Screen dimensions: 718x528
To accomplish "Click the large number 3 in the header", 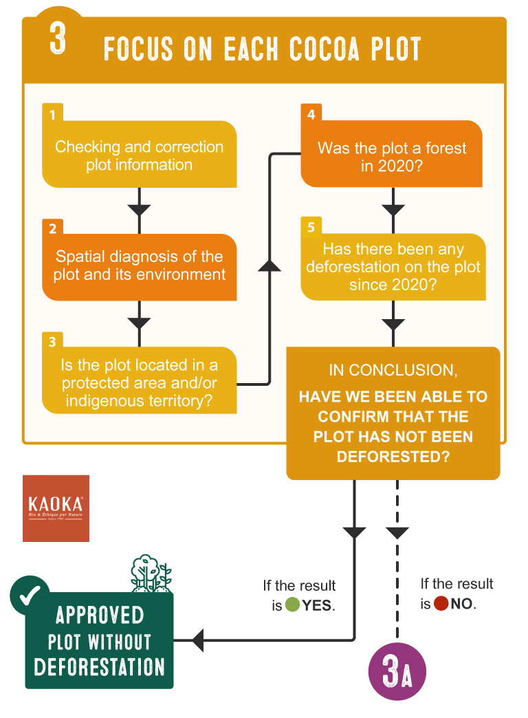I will point(58,39).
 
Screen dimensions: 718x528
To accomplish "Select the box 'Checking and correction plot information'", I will point(140,155).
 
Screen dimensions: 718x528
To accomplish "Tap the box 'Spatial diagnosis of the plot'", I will point(140,265).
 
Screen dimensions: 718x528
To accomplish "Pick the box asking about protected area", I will point(140,382).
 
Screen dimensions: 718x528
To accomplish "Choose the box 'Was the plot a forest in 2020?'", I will point(392,157).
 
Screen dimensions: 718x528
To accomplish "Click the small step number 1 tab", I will point(52,115).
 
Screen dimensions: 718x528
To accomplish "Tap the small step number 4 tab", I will point(311,114).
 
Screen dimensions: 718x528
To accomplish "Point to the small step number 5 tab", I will point(311,228).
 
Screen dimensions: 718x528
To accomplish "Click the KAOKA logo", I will point(56,508).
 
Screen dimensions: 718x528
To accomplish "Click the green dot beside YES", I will point(292,606).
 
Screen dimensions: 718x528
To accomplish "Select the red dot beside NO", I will point(441,605).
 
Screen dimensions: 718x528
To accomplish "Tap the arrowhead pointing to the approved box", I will point(197,640).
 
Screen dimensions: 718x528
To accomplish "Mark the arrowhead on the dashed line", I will point(397,532).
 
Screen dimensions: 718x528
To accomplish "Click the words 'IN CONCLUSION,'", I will point(393,370).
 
